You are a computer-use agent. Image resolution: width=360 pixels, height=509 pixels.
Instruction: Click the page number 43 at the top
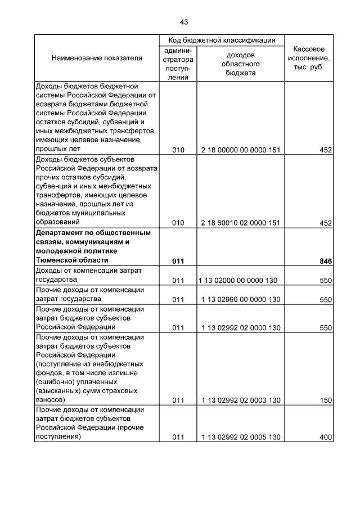(x=183, y=22)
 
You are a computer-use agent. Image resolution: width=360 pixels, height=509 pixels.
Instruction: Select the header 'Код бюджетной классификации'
(x=222, y=40)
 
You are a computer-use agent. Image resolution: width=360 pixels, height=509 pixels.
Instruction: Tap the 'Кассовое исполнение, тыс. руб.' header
(x=309, y=58)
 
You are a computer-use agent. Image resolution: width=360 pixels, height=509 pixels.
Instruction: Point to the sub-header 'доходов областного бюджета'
(x=240, y=64)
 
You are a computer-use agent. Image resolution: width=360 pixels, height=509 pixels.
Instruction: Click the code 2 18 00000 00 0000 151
(x=240, y=150)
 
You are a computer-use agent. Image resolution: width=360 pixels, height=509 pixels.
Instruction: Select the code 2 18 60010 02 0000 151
(x=240, y=223)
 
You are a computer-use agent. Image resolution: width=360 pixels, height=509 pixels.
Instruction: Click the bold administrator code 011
(x=178, y=262)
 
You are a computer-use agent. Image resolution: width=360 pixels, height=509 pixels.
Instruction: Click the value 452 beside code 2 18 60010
(x=326, y=223)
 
